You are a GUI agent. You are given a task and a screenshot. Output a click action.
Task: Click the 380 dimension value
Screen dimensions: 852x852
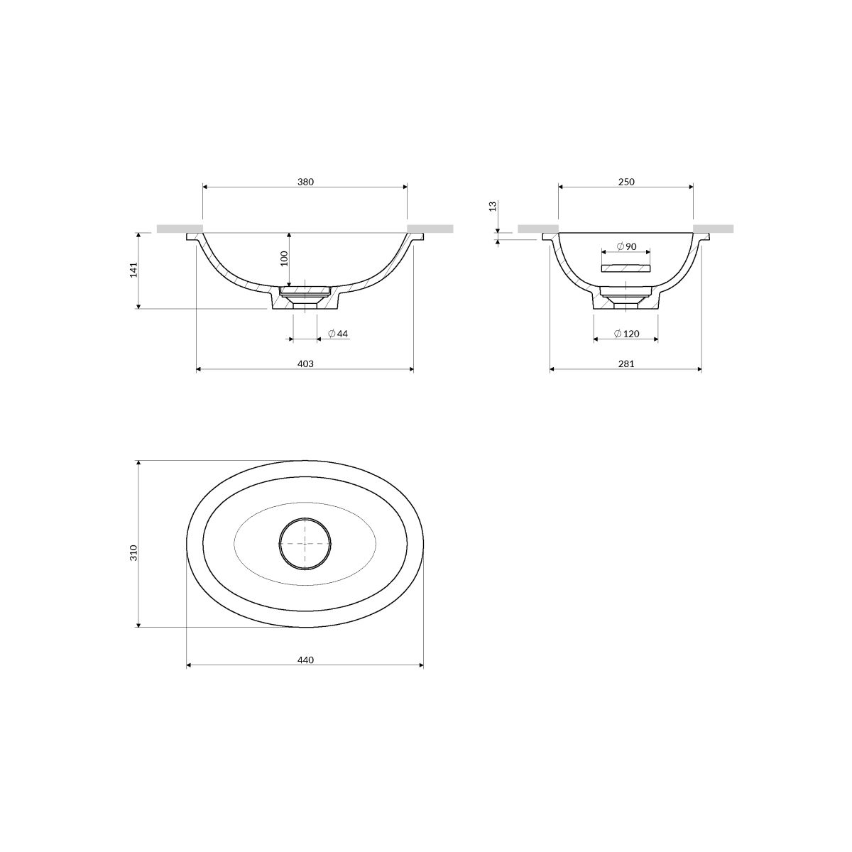click(x=305, y=182)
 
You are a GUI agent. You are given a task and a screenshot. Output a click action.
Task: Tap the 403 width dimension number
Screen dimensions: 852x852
click(x=305, y=364)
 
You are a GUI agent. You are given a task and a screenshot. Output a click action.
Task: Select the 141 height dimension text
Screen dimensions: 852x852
click(x=134, y=270)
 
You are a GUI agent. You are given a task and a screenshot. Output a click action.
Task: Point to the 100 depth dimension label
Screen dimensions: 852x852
click(x=284, y=258)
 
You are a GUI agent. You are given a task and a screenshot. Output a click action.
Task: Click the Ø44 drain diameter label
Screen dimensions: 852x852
click(x=338, y=334)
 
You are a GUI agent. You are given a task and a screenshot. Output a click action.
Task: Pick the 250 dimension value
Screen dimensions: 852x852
click(x=626, y=182)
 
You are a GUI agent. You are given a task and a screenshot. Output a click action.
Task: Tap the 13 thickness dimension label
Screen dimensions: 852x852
click(x=493, y=206)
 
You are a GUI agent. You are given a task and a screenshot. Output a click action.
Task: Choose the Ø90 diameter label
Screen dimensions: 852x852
click(x=626, y=246)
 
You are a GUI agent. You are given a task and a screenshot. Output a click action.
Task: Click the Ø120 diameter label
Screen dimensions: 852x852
click(x=626, y=334)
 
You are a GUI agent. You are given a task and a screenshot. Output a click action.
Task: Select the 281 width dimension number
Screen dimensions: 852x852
click(x=626, y=364)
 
